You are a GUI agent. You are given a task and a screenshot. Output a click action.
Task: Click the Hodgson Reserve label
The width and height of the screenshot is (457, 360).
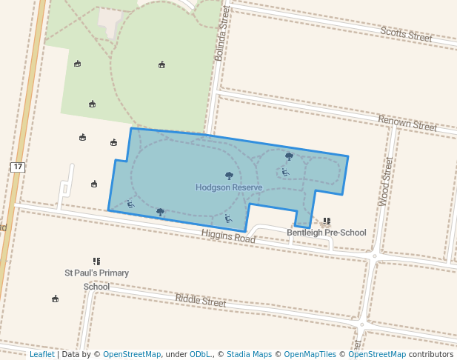pos(229,188)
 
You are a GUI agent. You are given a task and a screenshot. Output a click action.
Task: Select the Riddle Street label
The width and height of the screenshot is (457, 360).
pos(200,301)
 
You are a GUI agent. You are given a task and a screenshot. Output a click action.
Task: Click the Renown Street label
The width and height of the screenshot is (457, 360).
pos(407,123)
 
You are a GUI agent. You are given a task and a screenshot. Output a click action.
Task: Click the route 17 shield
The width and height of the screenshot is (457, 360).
pos(18,167)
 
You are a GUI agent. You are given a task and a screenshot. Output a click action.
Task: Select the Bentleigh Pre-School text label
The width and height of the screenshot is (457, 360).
pos(326,233)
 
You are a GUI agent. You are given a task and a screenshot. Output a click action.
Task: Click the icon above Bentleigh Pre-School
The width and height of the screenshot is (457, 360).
pos(327,221)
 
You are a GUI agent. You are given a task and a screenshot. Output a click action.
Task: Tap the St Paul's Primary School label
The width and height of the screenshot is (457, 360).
pos(96,279)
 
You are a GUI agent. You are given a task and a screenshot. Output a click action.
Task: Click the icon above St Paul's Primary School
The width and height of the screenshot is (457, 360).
pos(96,261)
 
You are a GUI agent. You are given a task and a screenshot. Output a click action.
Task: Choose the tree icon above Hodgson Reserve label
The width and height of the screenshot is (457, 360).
pos(229,176)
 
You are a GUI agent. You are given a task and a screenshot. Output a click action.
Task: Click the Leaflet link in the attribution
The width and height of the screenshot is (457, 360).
pos(41,355)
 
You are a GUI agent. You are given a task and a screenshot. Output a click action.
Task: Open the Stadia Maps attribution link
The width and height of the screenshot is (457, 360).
pos(253,355)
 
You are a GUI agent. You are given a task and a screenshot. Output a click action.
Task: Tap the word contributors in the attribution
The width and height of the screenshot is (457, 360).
pos(430,355)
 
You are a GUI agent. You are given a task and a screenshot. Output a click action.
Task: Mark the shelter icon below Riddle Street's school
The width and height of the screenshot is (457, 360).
pos(55,299)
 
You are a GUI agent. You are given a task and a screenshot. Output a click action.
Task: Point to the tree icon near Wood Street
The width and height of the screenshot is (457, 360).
pos(289,156)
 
